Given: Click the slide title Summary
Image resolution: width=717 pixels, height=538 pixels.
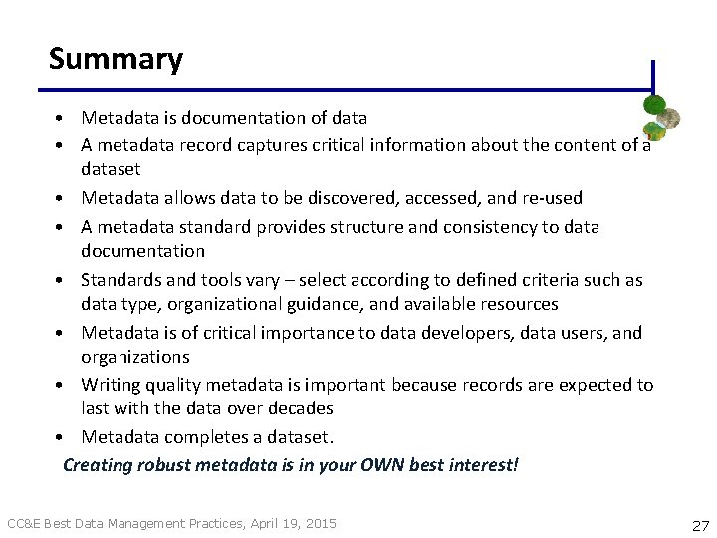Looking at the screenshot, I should click(116, 59).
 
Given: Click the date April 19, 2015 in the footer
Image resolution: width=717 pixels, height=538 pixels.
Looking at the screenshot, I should click(292, 523).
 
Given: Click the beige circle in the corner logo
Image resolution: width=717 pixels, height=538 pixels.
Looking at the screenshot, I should click(671, 118).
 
